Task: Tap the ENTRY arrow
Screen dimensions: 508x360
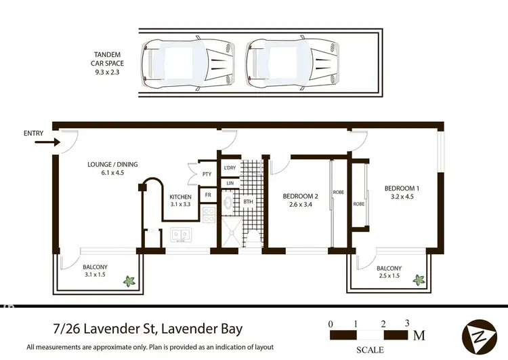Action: [47, 142]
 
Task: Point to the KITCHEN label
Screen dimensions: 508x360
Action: [181, 197]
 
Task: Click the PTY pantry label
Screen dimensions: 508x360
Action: [207, 174]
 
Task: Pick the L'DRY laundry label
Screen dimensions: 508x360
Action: [229, 167]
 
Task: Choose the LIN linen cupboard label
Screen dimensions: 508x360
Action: [230, 183]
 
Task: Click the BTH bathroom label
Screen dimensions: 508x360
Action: [249, 201]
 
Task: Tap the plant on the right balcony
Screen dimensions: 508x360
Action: [419, 279]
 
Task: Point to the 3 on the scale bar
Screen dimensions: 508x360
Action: [407, 323]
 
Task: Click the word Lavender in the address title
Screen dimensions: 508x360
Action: [96, 330]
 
